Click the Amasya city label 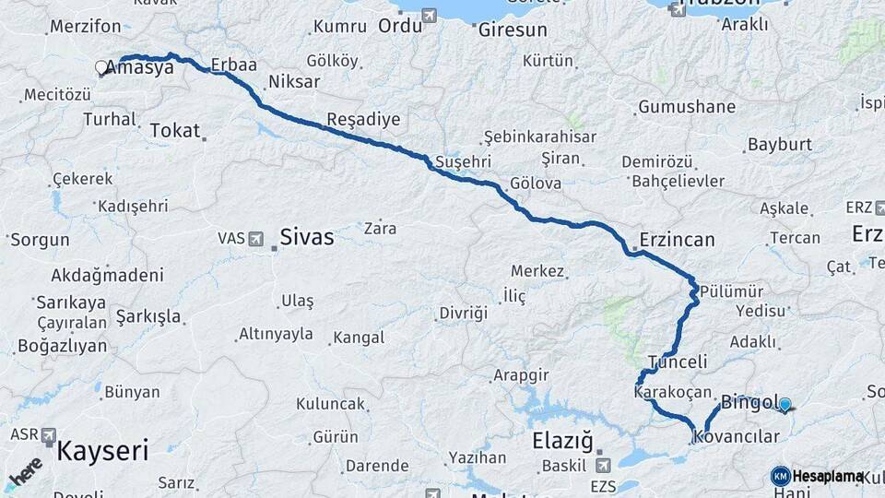(141, 67)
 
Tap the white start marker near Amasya (101, 67)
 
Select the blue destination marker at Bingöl (785, 403)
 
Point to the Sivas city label (307, 237)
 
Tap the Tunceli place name (678, 362)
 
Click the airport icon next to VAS (258, 238)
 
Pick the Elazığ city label (562, 441)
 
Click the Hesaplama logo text (827, 476)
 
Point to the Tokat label (174, 131)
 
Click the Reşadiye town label (363, 120)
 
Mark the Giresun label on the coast (513, 30)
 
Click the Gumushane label (687, 107)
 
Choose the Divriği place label (463, 313)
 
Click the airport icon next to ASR (48, 435)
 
